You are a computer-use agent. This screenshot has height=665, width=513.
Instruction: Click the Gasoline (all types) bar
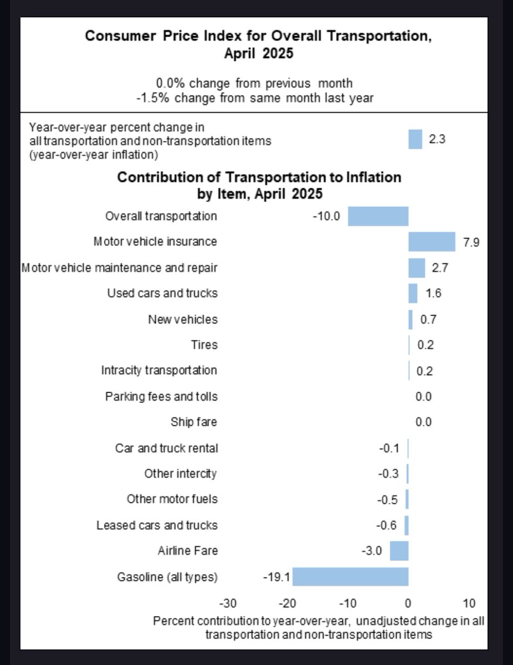350,577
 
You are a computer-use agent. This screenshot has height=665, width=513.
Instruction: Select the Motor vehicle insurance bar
432,242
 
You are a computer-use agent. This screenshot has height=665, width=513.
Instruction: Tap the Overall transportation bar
378,216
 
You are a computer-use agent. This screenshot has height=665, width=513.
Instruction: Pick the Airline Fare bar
399,551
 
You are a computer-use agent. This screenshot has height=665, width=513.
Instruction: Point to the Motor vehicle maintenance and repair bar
417,268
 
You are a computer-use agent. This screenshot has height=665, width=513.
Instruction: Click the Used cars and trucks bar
413,293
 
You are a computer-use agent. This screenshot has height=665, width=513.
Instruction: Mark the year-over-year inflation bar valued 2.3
415,140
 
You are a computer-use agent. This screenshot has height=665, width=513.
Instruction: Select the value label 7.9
471,242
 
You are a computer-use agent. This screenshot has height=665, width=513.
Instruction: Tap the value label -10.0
326,216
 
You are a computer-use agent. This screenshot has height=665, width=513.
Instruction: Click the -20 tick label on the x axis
288,603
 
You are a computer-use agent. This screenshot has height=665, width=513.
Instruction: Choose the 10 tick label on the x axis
469,603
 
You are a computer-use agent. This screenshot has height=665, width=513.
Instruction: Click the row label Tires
204,345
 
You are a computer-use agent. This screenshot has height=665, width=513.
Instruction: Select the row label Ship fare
194,422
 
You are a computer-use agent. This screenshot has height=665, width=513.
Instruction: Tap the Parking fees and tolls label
161,396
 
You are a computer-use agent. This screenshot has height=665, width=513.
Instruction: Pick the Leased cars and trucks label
157,525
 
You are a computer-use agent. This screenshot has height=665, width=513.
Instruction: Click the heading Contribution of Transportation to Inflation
259,177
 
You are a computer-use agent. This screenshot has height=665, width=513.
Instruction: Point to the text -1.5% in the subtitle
151,99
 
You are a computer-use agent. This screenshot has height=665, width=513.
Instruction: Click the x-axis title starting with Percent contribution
319,627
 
